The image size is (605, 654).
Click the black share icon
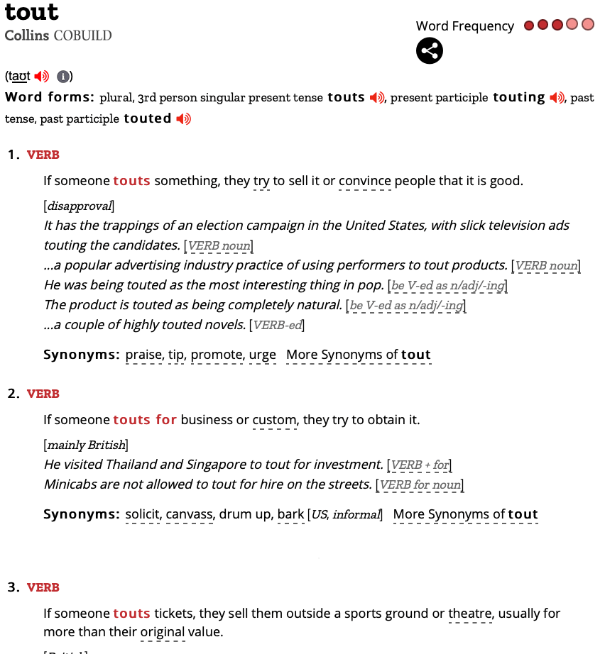click(x=430, y=50)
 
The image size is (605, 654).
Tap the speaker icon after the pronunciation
click(x=41, y=77)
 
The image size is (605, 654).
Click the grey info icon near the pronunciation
click(x=62, y=77)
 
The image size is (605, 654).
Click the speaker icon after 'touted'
click(x=184, y=118)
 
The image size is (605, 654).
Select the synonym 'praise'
click(x=144, y=355)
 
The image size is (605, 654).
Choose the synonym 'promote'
click(x=217, y=355)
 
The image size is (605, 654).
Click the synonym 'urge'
click(x=263, y=355)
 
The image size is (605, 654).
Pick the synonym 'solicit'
click(x=142, y=514)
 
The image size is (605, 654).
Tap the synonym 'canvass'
click(x=190, y=514)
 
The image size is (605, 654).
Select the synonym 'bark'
click(x=290, y=514)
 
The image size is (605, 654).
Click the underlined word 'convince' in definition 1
click(x=365, y=181)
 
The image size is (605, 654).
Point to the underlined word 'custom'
click(x=274, y=420)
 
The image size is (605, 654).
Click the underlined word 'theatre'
click(x=470, y=614)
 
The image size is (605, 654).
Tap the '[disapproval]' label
click(x=79, y=206)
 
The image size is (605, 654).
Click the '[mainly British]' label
click(x=86, y=445)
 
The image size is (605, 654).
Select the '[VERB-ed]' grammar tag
click(x=277, y=325)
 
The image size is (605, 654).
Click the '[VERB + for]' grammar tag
click(x=420, y=465)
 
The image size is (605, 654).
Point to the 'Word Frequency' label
click(x=464, y=26)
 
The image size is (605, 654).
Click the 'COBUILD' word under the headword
click(x=82, y=35)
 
